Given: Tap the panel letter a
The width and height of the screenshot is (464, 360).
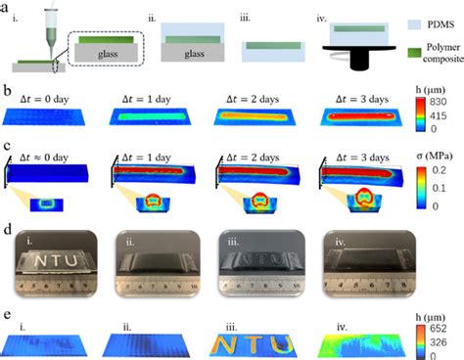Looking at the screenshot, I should tap(7, 7).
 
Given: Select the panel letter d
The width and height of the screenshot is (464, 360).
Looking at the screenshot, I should tap(7, 235).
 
